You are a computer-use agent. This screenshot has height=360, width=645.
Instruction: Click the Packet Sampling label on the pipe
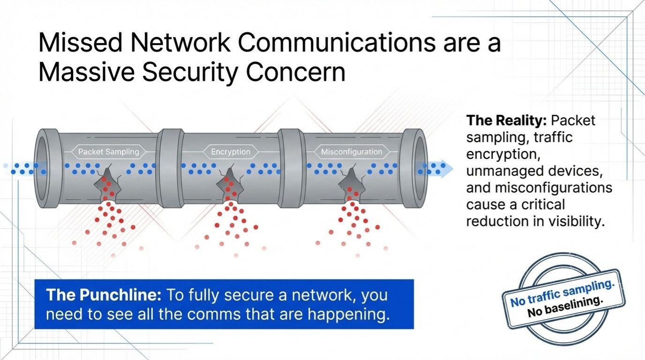[108, 151]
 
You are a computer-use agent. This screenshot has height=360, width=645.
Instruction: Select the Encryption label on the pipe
[230, 151]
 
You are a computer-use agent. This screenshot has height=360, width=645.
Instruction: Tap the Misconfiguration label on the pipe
[351, 151]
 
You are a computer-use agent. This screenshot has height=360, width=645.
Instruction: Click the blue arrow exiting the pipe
[441, 169]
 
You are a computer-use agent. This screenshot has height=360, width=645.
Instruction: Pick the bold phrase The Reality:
[507, 120]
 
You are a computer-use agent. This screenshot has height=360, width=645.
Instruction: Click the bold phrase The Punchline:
[104, 295]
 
